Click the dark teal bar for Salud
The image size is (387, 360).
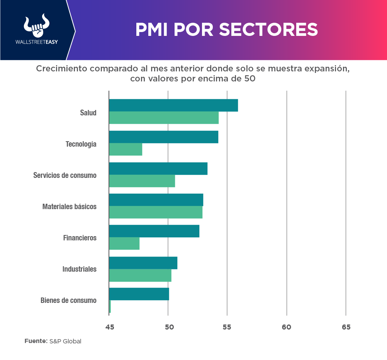pos(173,105)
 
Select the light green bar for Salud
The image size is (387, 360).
pos(164,118)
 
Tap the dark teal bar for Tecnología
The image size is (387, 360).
pos(163,137)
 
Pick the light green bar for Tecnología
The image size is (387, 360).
pos(126,149)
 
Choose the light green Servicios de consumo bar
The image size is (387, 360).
pos(142,181)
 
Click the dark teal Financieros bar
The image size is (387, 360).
pos(154,231)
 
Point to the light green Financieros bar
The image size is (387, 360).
pos(124,243)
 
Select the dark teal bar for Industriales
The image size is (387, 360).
pos(143,263)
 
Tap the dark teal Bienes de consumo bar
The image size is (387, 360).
pos(139,294)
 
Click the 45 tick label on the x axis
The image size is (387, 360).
pos(110,327)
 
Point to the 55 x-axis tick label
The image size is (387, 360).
pos(227,327)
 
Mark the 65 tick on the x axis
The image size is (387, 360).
pos(346,327)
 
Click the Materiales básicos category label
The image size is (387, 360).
pos(70,206)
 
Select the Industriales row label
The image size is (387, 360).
pos(80,269)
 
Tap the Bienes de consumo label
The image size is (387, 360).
pos(68,300)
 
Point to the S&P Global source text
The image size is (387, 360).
pos(65,341)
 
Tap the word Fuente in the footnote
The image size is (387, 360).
pos(36,341)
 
